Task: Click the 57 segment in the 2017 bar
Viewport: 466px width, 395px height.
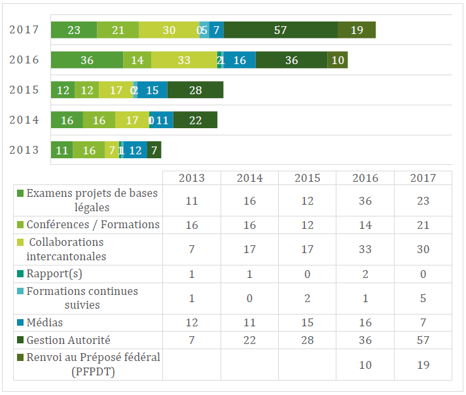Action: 281,30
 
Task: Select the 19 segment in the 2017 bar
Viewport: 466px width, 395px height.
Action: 357,30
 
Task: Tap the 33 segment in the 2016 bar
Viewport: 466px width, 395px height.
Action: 184,60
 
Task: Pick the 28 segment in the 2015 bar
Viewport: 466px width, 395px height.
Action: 195,90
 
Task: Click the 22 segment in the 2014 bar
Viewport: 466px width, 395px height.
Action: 195,120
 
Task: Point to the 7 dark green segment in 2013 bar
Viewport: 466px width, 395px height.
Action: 154,150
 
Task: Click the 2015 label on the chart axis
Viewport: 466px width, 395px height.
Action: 24,90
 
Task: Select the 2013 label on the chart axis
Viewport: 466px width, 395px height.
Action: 24,150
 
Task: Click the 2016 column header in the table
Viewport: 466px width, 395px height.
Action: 365,178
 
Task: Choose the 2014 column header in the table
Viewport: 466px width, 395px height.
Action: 249,178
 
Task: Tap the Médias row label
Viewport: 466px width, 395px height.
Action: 45,323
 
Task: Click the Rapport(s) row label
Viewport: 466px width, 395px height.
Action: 54,274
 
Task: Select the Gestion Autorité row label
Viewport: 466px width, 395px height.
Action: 69,340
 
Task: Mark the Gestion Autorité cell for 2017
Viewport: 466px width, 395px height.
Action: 423,340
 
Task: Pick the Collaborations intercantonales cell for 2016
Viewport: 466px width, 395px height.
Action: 365,249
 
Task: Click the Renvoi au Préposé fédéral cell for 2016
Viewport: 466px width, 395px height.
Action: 365,364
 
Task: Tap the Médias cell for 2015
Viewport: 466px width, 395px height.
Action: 307,323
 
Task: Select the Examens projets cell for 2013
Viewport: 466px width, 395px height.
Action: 192,201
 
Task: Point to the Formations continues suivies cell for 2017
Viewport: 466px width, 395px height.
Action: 423,298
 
